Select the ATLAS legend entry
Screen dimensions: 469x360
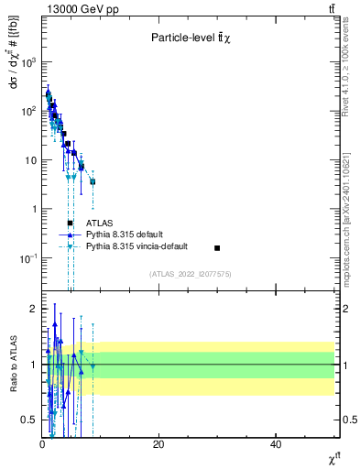[x=99, y=223]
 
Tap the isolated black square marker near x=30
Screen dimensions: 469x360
[x=217, y=248]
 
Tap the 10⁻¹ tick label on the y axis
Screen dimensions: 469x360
[x=27, y=258]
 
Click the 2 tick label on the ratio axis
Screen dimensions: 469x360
[x=32, y=309]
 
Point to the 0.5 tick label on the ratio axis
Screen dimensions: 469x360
[x=28, y=420]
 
